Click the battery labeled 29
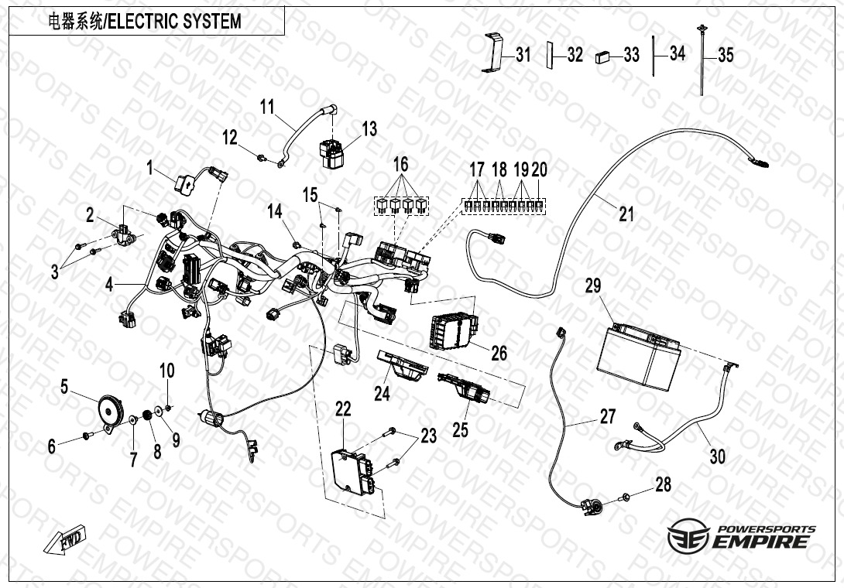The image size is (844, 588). click(x=640, y=357)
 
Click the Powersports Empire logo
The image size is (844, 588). click(x=741, y=536)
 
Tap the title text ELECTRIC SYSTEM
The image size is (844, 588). click(x=173, y=22)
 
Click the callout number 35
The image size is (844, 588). click(x=725, y=55)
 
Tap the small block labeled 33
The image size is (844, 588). click(x=603, y=56)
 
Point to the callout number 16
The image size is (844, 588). click(x=400, y=164)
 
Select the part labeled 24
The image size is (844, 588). click(x=403, y=364)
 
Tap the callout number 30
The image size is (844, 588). click(x=718, y=456)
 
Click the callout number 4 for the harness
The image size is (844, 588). click(x=110, y=285)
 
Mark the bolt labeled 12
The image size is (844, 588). click(x=264, y=158)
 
